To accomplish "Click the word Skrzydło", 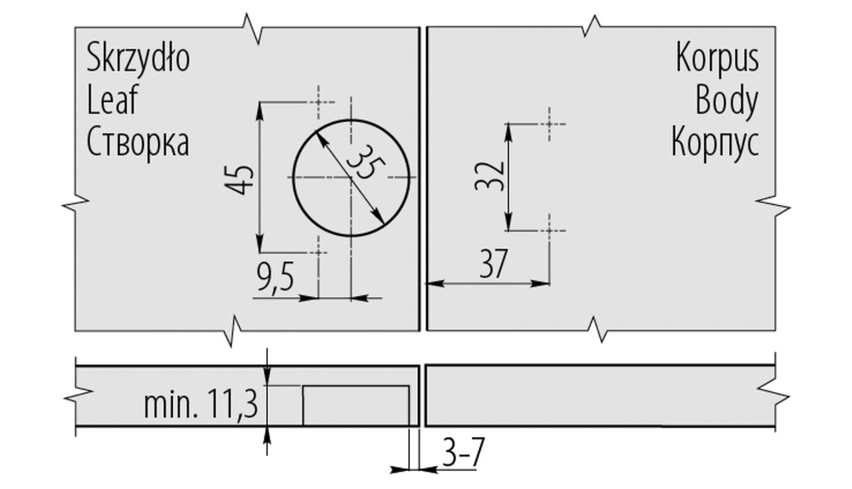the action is tap(138, 58).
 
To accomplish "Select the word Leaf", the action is tap(113, 100).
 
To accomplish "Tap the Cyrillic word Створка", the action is tap(138, 142).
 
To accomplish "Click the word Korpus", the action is tap(717, 58).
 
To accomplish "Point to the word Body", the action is tap(727, 102).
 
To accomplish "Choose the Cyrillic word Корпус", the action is tap(715, 143).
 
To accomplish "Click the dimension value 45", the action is tap(240, 179).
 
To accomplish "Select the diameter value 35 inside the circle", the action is tap(361, 163).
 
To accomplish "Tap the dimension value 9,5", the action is tap(276, 279).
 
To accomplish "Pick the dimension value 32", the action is tap(490, 175).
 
